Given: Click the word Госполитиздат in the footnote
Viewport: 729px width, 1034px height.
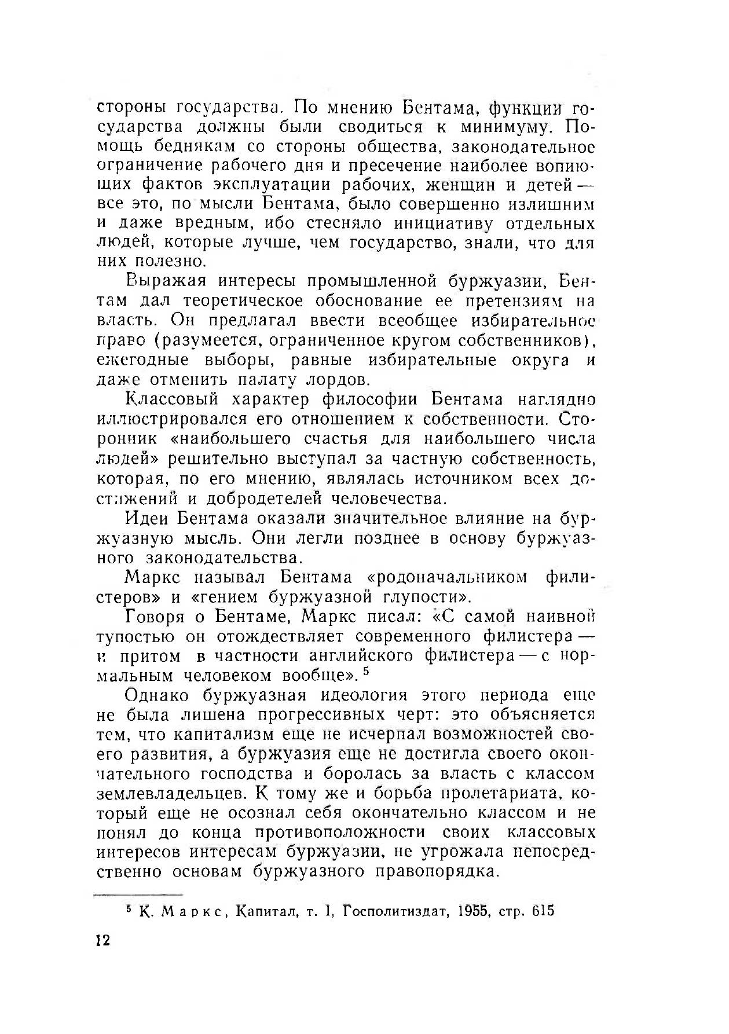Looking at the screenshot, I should coord(395,911).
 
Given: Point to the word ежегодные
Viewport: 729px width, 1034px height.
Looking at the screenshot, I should coord(142,360).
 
